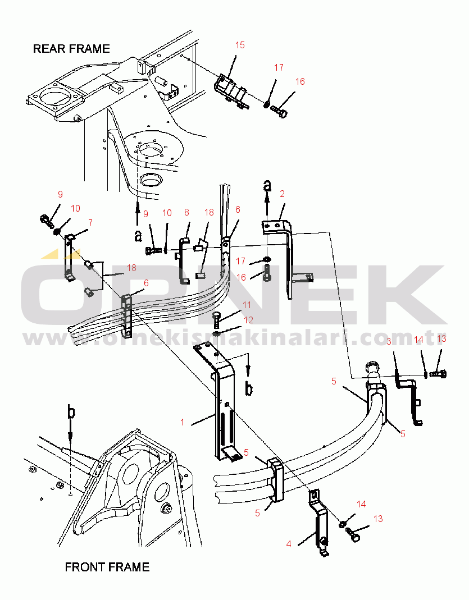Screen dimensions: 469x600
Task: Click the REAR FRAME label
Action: (x=71, y=49)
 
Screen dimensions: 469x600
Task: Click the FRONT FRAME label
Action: (x=107, y=567)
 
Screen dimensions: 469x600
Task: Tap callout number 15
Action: (x=240, y=45)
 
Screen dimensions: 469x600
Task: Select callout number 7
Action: (x=90, y=223)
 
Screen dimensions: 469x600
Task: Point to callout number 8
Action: (x=187, y=212)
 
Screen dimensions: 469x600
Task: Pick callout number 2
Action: (x=282, y=194)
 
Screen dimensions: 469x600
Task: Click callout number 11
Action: (x=247, y=305)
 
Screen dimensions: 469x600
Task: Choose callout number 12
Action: (x=248, y=320)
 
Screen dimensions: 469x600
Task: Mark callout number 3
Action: (x=389, y=342)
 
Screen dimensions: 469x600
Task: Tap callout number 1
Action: (x=183, y=422)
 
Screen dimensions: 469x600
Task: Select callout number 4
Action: (x=289, y=544)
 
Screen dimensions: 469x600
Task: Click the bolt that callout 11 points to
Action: (x=216, y=319)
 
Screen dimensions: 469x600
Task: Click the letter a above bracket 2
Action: (x=267, y=185)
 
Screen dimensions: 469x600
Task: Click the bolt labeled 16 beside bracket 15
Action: (x=280, y=111)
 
